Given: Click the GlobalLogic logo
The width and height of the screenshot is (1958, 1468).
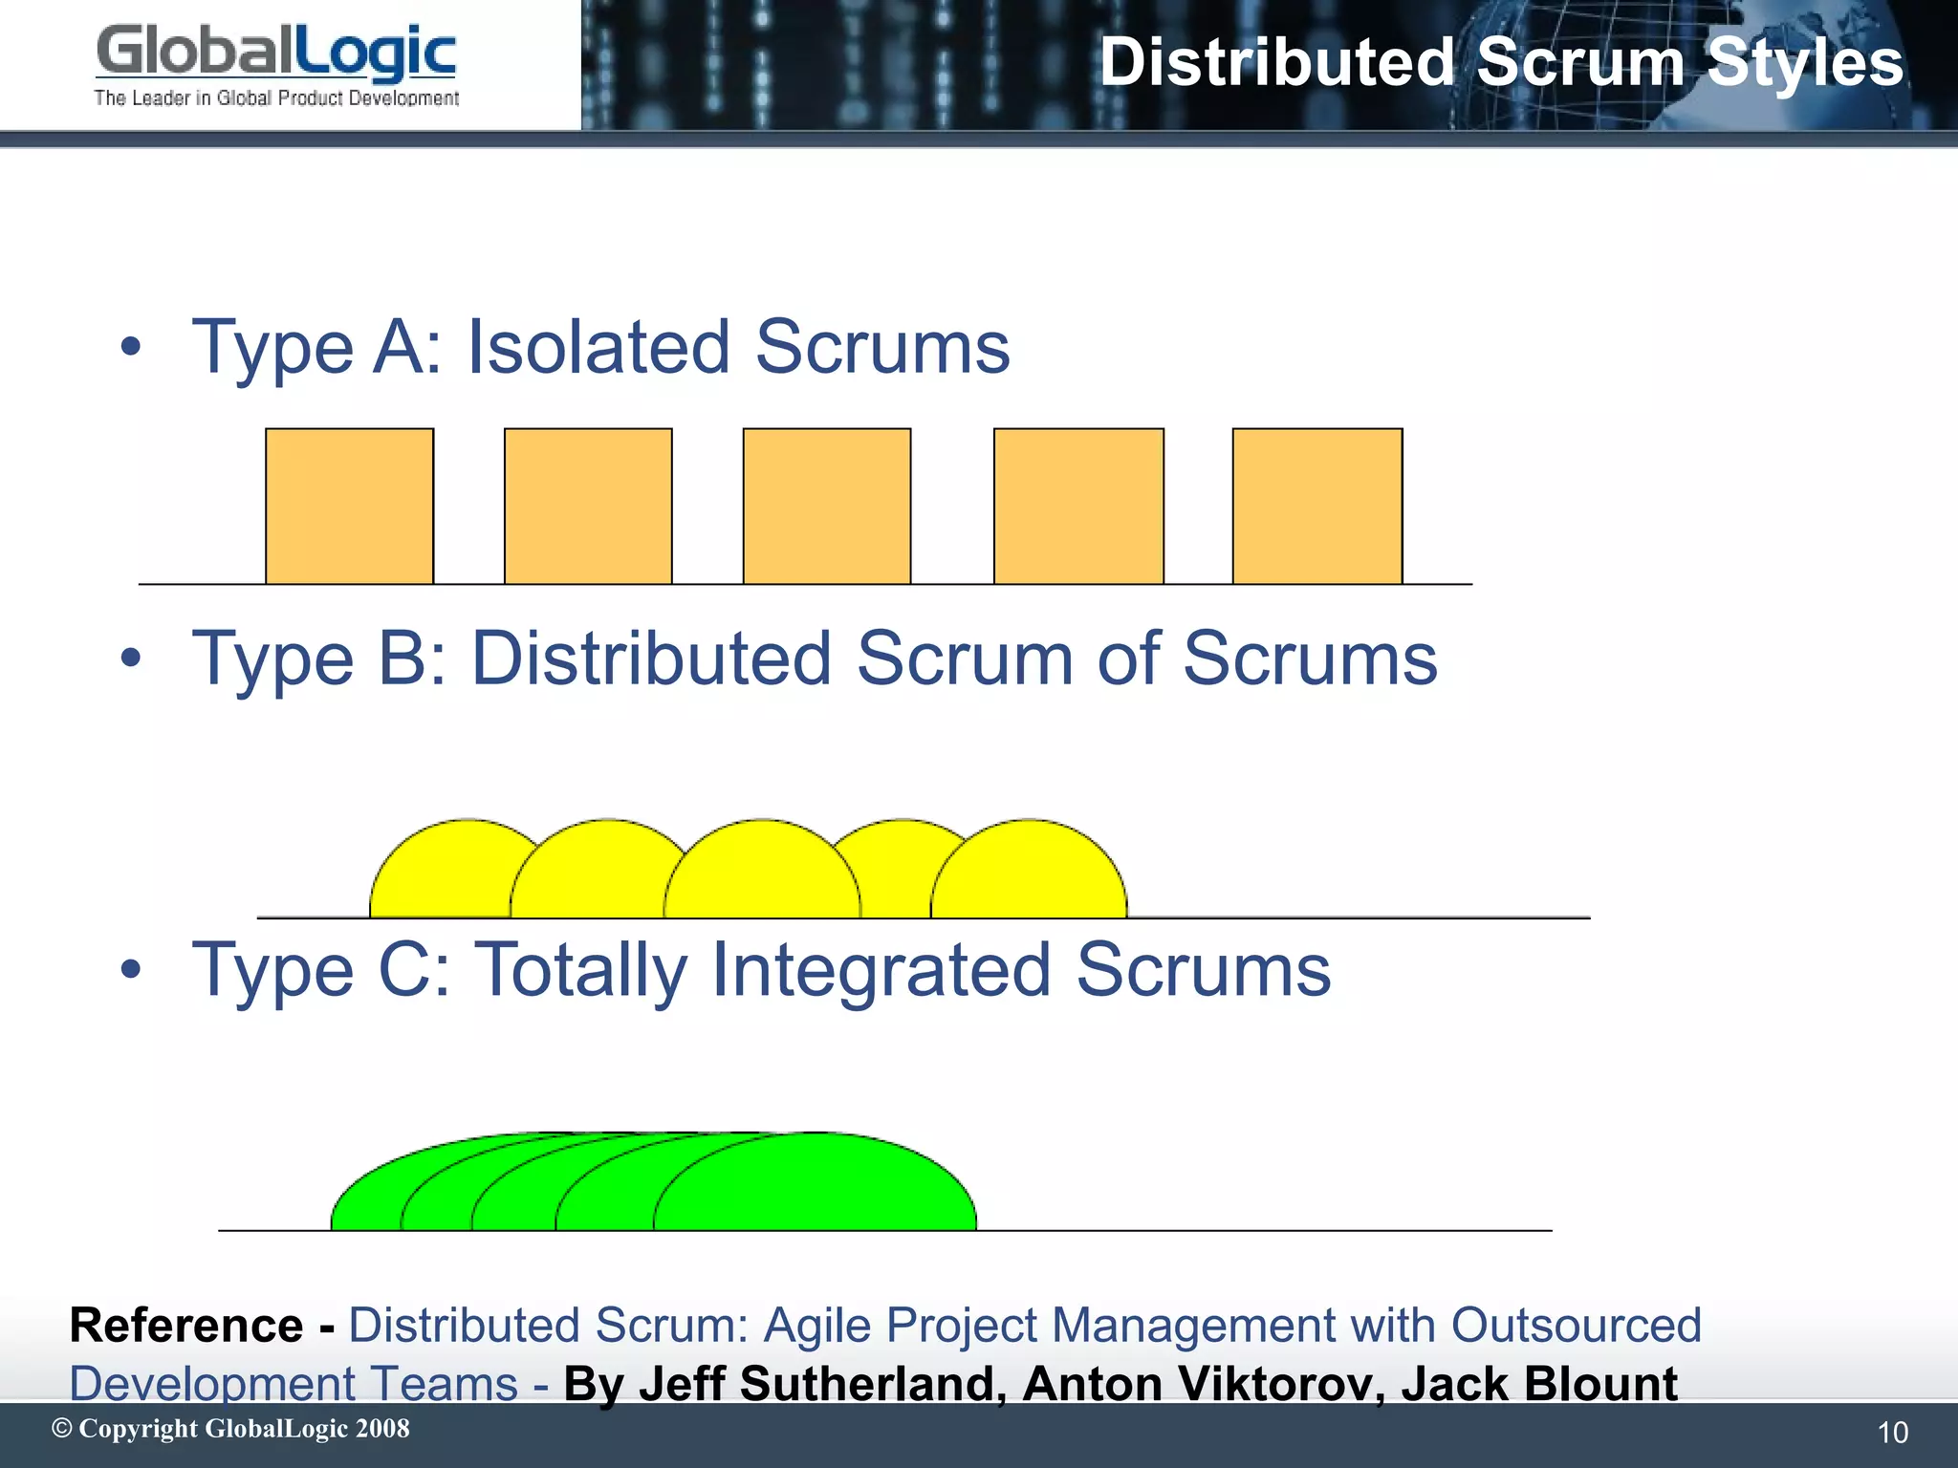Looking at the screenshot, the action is click(x=276, y=64).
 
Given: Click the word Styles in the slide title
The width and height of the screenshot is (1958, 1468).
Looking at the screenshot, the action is click(x=1804, y=63).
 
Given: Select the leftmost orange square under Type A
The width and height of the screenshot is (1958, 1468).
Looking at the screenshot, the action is click(x=349, y=506).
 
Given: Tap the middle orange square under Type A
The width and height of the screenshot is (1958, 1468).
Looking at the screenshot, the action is click(x=827, y=506).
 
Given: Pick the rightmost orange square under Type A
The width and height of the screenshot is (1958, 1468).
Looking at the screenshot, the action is click(x=1316, y=506).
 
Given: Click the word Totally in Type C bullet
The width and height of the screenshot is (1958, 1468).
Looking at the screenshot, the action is click(x=580, y=970).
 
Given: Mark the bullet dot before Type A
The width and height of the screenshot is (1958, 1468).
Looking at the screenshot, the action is click(x=131, y=347).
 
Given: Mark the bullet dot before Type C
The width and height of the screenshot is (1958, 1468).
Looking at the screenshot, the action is click(x=131, y=970).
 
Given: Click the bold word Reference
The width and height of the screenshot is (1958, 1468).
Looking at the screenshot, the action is click(x=186, y=1326).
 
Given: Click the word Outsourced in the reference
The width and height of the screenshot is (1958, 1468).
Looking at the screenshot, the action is click(x=1576, y=1326).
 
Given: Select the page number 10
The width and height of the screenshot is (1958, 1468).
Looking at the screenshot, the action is click(x=1892, y=1433).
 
